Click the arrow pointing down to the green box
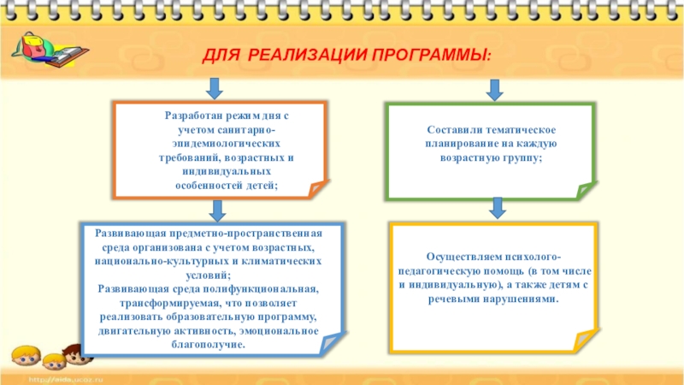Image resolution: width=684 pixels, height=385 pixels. click(494, 88)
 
